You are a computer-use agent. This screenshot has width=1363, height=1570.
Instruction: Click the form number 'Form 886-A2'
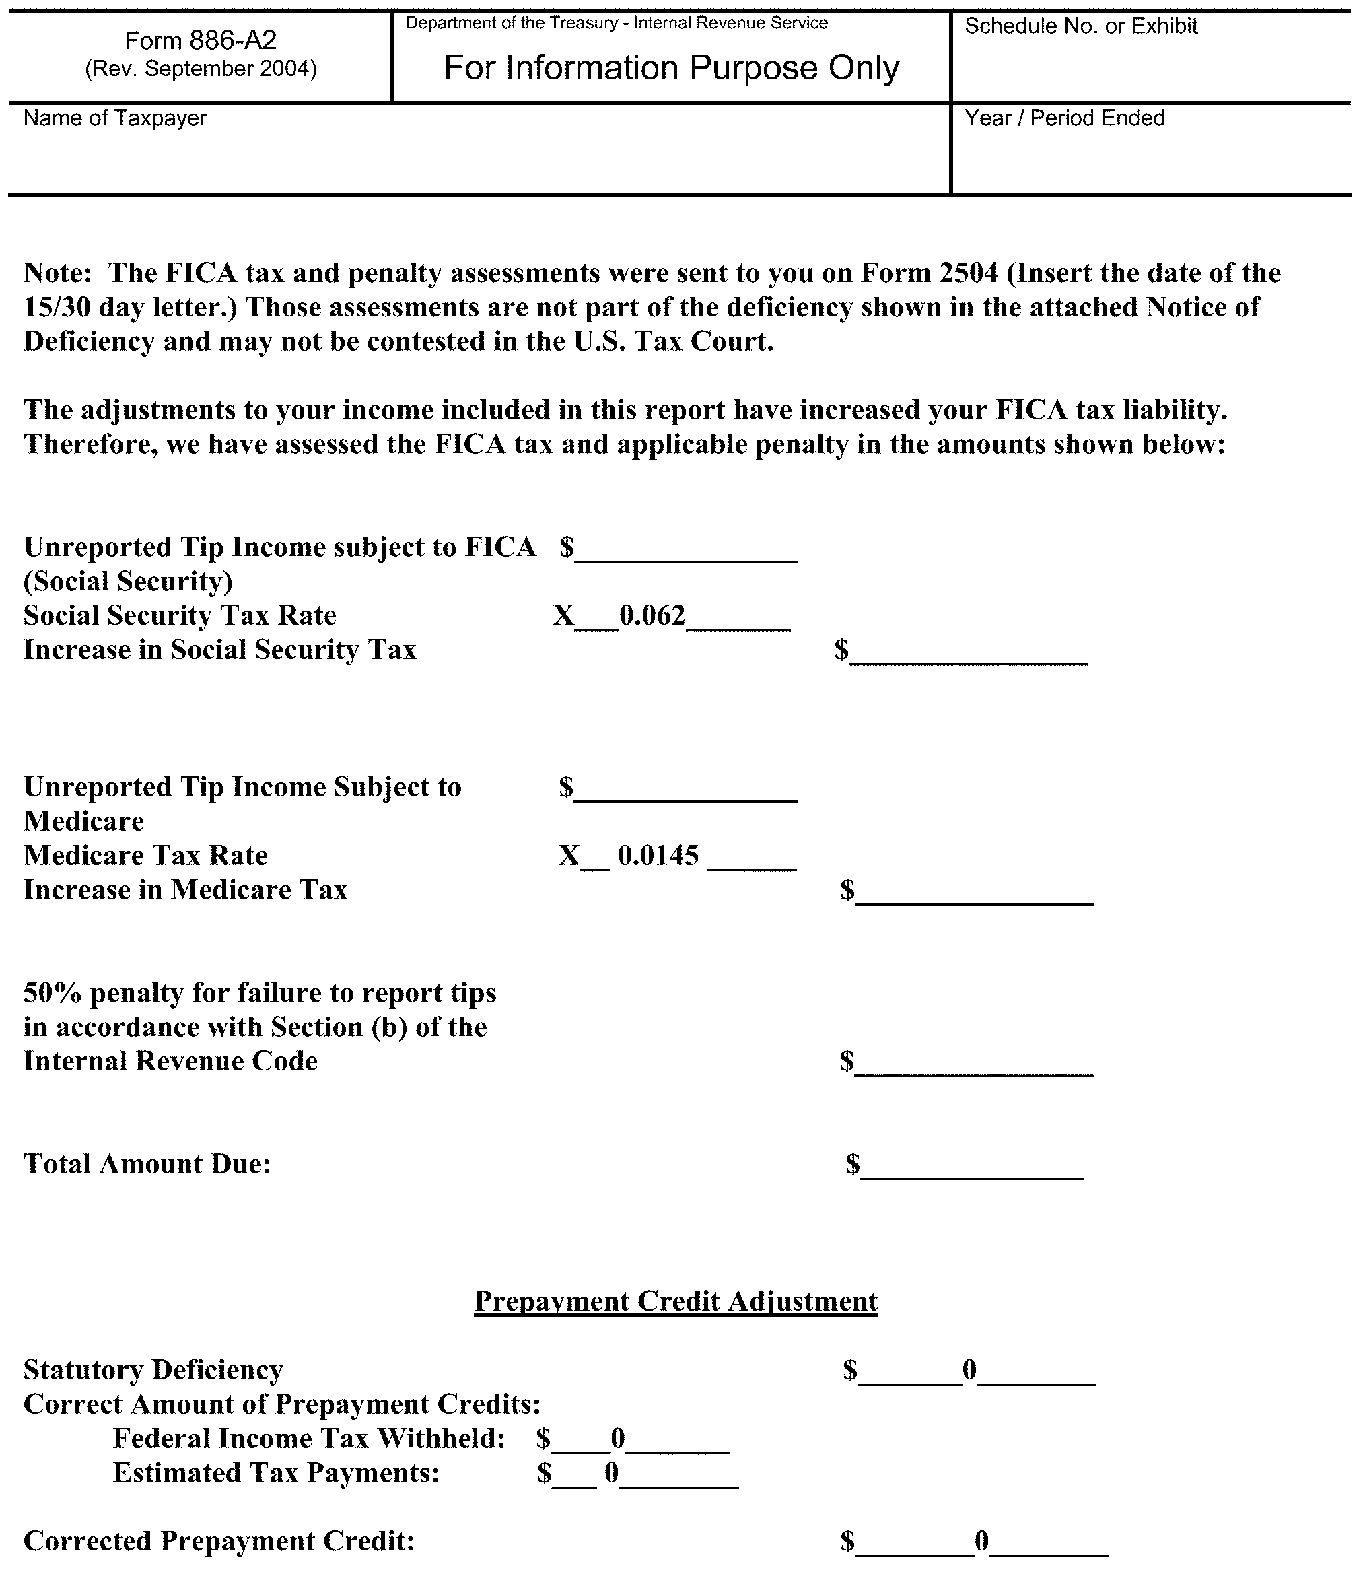(x=201, y=40)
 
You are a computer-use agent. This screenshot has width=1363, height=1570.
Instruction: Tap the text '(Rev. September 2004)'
(x=201, y=69)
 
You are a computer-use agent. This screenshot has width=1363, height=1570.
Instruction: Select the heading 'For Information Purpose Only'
(x=671, y=69)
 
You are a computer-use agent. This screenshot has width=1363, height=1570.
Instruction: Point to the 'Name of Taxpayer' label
(x=116, y=118)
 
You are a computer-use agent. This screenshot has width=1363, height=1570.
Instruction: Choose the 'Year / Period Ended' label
(x=1064, y=118)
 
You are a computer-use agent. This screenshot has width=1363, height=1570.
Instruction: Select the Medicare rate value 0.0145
(x=658, y=856)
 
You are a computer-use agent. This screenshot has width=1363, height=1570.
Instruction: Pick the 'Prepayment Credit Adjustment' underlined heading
(x=675, y=1301)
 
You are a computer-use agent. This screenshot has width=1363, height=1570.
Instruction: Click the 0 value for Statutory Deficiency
(x=970, y=1370)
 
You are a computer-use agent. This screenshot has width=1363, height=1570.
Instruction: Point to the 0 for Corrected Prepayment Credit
(x=982, y=1541)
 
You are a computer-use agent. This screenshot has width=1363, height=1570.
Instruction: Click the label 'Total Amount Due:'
(x=147, y=1165)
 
